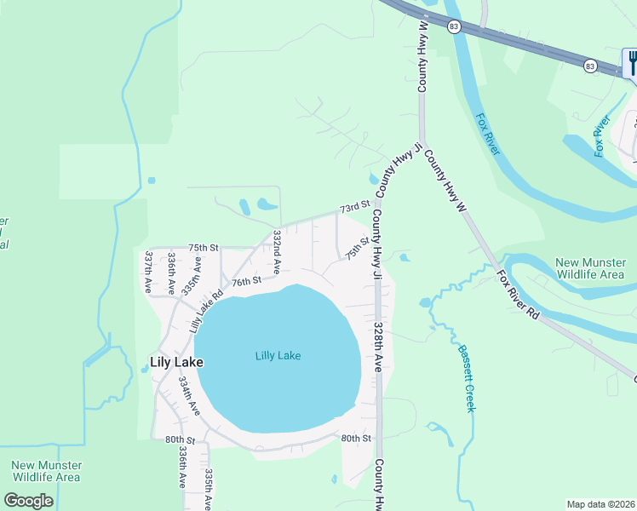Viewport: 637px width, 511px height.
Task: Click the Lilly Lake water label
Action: click(278, 356)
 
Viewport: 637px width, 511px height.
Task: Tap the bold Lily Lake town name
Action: click(176, 362)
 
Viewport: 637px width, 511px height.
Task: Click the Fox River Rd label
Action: click(519, 295)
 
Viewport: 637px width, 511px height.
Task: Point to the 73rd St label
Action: click(354, 207)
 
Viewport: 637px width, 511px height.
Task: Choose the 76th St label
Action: click(244, 281)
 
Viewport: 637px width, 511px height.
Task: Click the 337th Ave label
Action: click(148, 272)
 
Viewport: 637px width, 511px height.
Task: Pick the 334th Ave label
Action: click(189, 396)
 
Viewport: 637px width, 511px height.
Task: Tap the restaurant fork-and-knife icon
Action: click(631, 62)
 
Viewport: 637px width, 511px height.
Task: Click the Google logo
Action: click(29, 501)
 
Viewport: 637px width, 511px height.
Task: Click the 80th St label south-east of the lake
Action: click(356, 438)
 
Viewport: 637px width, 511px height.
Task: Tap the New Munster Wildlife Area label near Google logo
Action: click(46, 471)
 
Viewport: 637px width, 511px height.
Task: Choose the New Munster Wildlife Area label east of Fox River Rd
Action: click(589, 268)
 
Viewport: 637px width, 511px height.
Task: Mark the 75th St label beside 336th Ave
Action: click(204, 247)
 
